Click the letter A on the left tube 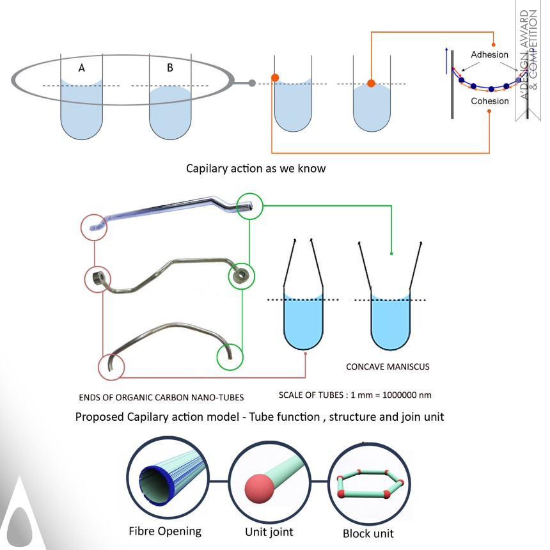pos(82,68)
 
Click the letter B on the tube pos(169,68)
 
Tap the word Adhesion pos(489,55)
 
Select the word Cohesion pos(489,101)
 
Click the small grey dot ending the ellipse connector pos(252,82)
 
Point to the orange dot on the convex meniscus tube pos(371,84)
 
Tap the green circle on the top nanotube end pos(248,206)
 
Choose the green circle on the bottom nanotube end pos(230,355)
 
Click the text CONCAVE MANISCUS pos(388,367)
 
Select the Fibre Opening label pos(165,531)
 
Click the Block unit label pos(368,533)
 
